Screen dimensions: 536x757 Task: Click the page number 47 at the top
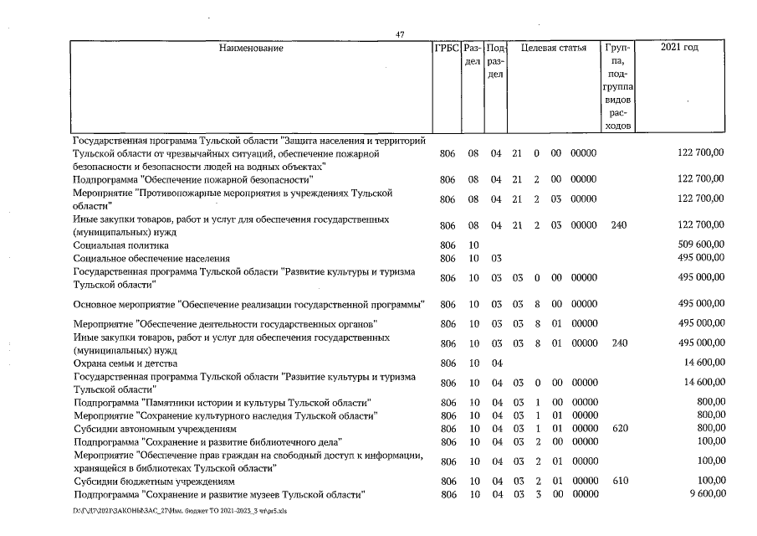400,34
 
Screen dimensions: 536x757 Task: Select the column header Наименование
251,48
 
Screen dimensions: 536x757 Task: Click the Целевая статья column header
553,48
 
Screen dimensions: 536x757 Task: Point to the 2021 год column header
679,48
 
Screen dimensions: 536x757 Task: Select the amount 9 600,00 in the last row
703,495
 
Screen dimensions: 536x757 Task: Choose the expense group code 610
620,482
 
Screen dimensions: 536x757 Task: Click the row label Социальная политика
120,245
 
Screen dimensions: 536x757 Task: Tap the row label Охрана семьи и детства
125,363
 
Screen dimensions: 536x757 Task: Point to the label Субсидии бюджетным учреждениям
154,482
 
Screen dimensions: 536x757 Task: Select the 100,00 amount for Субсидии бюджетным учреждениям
709,482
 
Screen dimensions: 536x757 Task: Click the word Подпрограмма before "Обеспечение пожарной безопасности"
105,179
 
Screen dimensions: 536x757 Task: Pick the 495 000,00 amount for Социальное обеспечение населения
697,259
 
